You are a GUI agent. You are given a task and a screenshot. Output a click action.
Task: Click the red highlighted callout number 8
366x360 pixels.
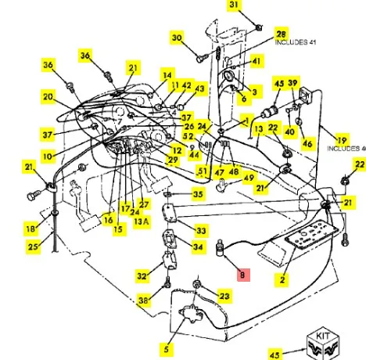(x=243, y=275)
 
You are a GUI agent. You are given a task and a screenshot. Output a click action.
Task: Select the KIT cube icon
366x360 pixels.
(x=323, y=344)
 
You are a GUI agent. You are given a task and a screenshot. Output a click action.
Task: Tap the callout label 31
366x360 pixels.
(x=234, y=5)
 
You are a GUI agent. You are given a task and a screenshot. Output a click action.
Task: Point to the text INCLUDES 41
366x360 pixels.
(x=296, y=42)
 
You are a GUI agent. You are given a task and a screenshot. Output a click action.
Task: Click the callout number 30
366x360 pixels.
(x=177, y=38)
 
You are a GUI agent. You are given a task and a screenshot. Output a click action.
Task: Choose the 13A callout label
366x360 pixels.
(x=142, y=221)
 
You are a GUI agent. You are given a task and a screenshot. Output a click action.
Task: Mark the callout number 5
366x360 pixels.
(x=167, y=349)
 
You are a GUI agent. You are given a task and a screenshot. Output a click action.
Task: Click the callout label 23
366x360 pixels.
(x=224, y=296)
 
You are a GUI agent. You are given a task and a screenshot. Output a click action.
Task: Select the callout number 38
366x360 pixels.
(x=144, y=301)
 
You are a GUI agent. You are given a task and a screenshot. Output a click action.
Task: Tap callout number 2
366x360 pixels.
(x=282, y=280)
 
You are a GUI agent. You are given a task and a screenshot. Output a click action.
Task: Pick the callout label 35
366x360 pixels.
(x=199, y=194)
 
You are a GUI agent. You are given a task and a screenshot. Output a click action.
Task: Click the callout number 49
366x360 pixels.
(x=249, y=178)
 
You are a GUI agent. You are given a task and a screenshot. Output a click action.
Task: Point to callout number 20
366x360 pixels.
(x=48, y=97)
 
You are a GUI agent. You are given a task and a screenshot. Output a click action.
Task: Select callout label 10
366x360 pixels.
(x=48, y=157)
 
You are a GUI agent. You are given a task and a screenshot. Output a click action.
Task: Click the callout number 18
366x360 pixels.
(x=30, y=229)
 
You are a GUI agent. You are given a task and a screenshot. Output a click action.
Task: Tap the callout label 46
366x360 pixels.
(x=308, y=143)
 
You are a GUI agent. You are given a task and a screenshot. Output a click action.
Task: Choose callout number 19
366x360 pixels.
(x=342, y=140)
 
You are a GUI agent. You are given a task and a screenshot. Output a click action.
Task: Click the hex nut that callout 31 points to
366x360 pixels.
(x=258, y=27)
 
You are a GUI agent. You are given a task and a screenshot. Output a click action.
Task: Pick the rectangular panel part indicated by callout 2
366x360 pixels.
(x=311, y=234)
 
